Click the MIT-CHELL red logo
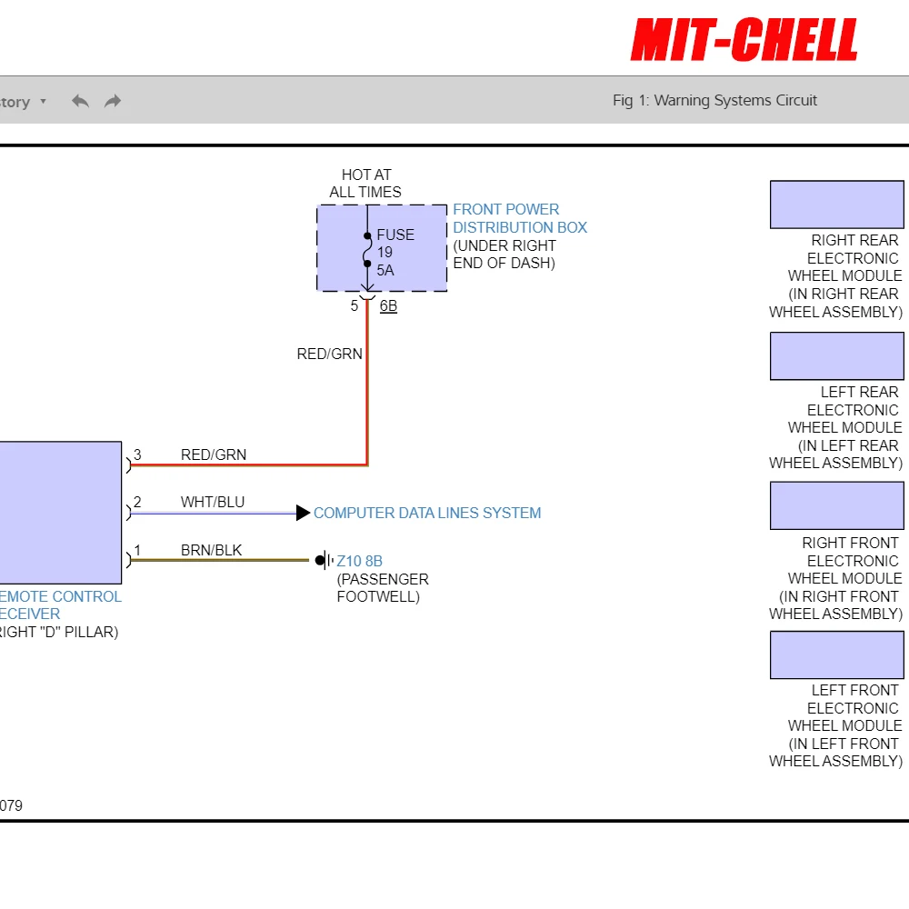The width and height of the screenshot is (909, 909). [744, 39]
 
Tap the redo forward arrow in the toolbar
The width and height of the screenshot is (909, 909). [113, 102]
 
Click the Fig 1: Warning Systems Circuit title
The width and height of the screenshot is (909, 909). [714, 100]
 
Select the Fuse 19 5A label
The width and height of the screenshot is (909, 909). [395, 252]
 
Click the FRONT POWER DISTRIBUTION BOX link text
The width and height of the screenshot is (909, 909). [520, 218]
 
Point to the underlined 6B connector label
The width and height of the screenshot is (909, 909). [388, 305]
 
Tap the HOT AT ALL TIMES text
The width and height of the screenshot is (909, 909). [365, 184]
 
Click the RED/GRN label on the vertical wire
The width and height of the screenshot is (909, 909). [329, 354]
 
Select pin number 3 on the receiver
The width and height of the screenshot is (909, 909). [137, 454]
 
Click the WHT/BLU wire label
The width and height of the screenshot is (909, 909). [213, 502]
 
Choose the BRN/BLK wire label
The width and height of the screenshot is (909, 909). [211, 550]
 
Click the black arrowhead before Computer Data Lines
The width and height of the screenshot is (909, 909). [304, 513]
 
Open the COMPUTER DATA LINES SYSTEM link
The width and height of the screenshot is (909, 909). [427, 513]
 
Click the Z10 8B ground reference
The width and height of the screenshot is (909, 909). [359, 561]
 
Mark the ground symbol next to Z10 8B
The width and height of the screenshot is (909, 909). [325, 561]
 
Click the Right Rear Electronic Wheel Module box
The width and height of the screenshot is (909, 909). [837, 205]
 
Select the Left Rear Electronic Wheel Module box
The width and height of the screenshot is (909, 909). [837, 356]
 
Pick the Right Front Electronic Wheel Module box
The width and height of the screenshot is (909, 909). [837, 505]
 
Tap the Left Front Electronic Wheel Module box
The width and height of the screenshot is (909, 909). [837, 655]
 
